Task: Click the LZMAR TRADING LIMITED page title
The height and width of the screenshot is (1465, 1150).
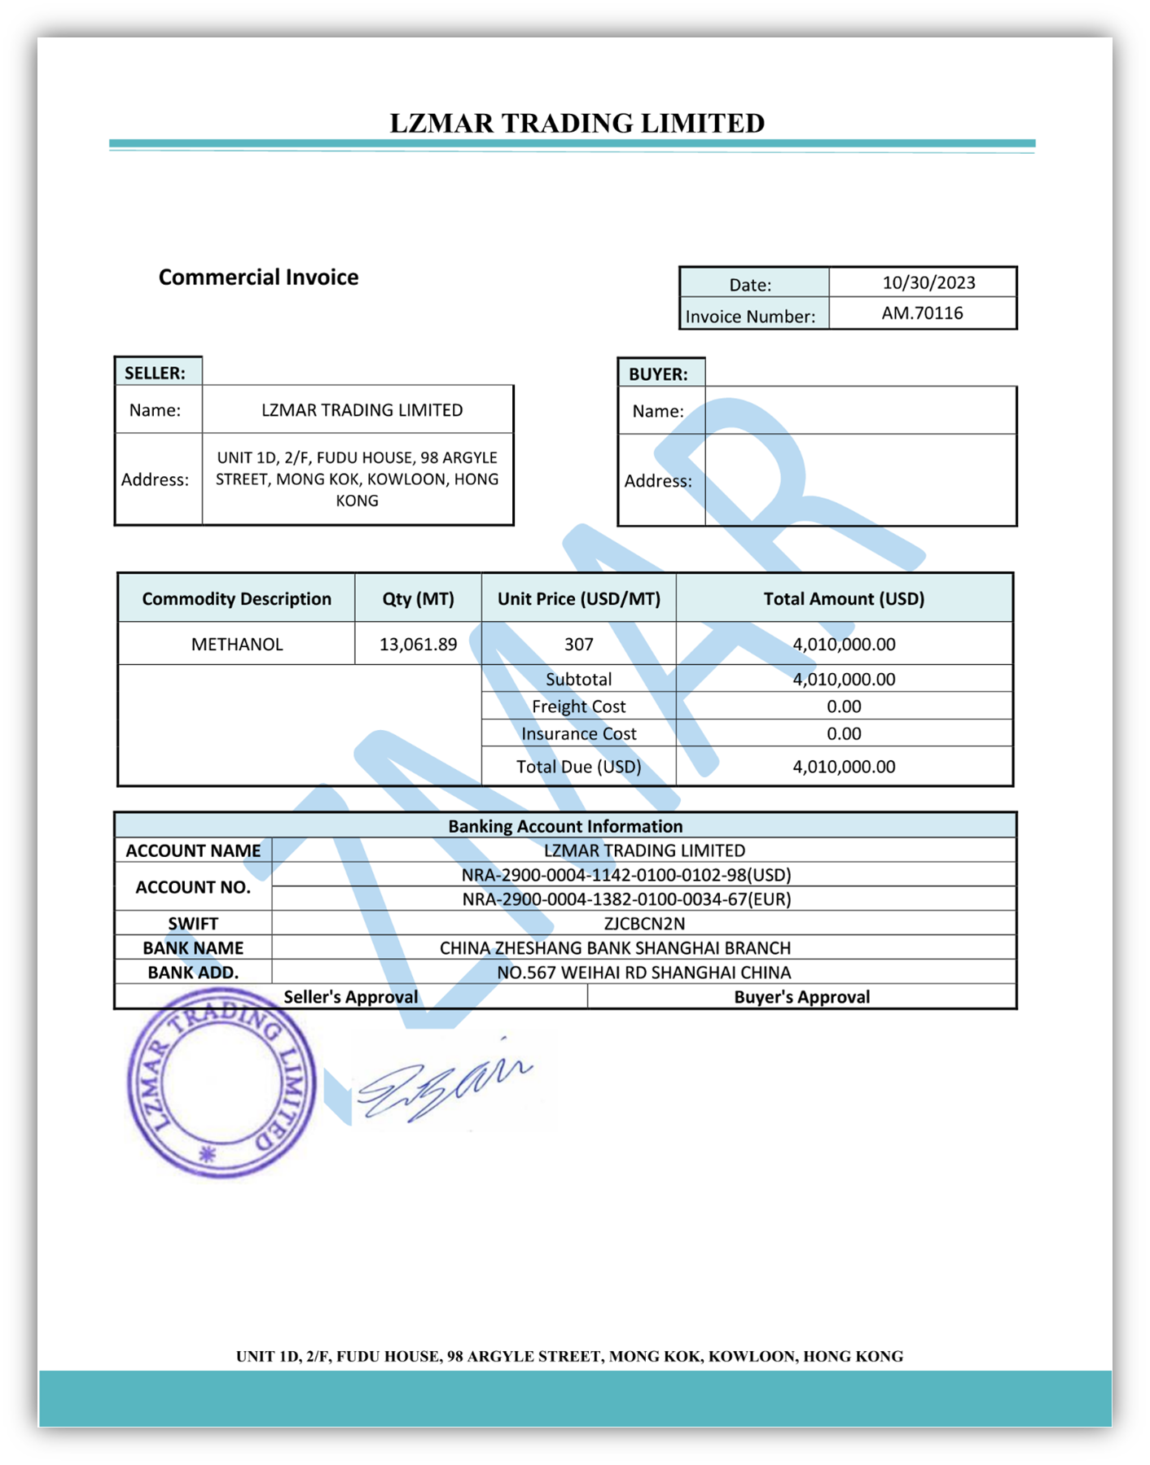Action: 577,123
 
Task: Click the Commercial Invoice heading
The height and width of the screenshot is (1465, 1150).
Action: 258,278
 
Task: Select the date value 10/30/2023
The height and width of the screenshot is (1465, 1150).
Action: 928,282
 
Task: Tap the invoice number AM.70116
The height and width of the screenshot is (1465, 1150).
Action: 922,313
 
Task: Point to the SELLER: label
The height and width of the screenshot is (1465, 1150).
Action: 155,373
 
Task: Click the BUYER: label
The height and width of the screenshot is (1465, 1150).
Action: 658,374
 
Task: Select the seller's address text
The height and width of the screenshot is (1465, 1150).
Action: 357,479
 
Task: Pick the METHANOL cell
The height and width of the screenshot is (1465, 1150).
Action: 237,644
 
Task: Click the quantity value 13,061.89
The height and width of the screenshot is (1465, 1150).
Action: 418,644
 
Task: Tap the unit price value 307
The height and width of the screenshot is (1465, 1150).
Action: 578,644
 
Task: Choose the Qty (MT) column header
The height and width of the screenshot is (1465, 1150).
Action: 418,599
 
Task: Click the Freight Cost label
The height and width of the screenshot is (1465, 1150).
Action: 578,706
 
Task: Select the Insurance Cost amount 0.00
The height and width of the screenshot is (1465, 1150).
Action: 844,733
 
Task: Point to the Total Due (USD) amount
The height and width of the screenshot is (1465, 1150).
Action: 844,767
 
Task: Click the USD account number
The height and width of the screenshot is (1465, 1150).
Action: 626,875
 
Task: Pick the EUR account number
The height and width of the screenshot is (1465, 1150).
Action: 626,899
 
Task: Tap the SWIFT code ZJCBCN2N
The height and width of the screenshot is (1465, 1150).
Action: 644,924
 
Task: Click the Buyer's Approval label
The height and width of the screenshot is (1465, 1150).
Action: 801,997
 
